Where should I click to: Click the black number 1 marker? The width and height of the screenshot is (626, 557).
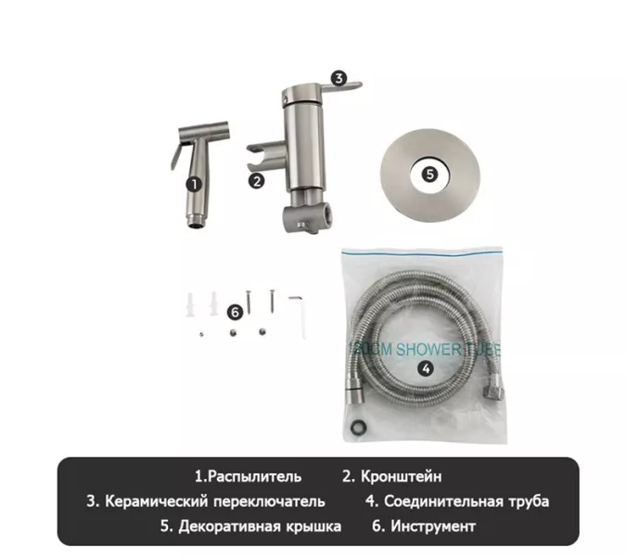(193, 184)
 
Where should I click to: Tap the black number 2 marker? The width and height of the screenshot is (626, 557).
(257, 182)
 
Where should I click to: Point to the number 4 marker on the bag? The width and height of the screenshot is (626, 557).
(426, 367)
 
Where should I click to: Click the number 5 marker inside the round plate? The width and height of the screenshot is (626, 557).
(428, 173)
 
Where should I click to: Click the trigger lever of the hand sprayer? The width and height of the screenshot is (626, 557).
(176, 153)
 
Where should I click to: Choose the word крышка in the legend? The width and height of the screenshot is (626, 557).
(312, 526)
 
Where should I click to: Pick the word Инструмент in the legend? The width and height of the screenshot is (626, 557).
(433, 526)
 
